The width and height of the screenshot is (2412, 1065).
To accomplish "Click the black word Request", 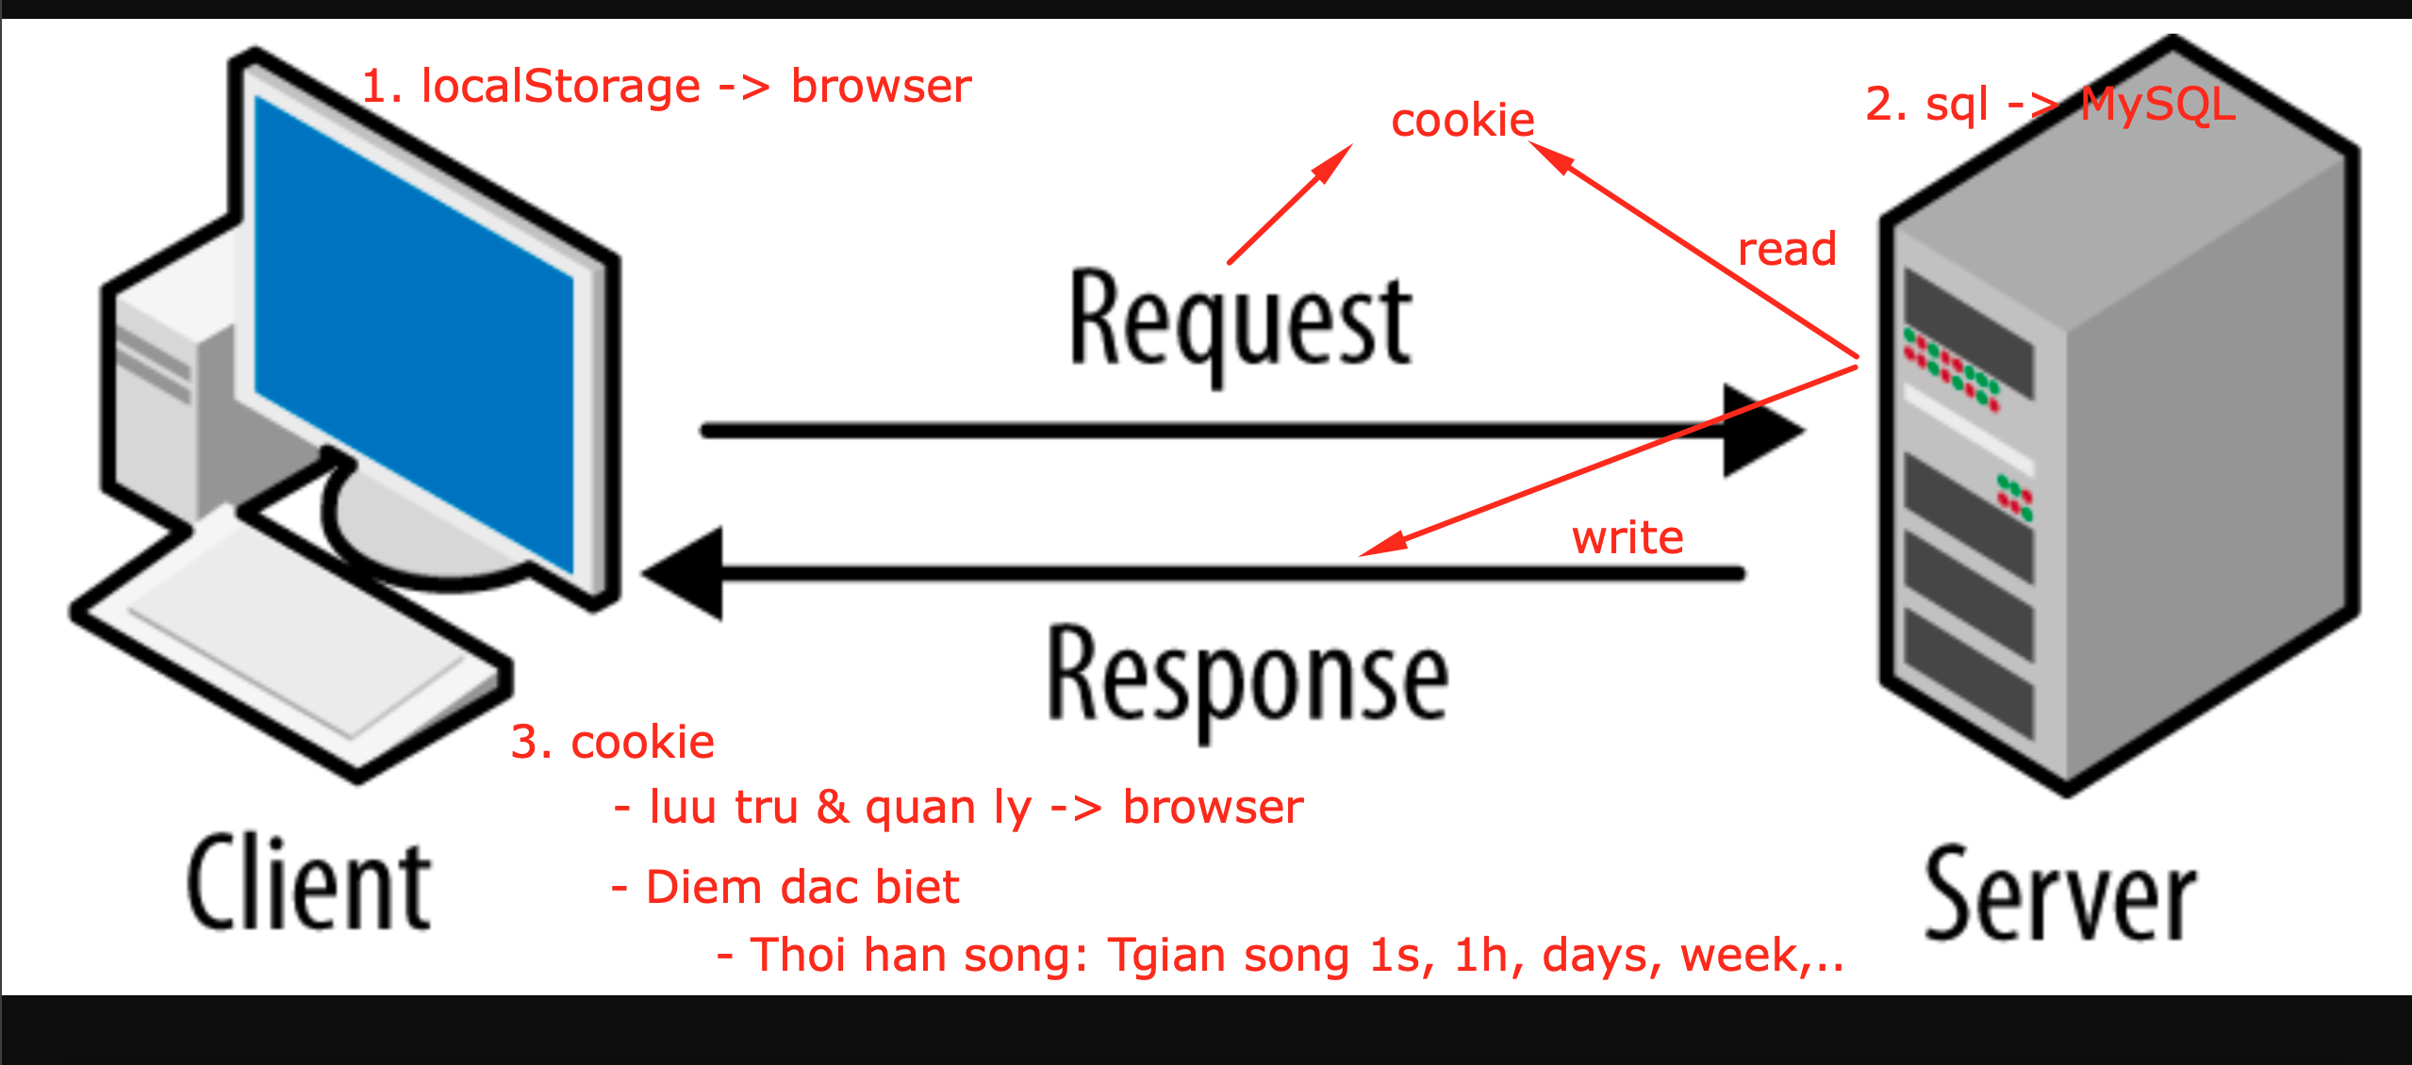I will (x=1240, y=320).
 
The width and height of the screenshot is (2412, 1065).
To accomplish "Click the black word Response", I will (x=1247, y=677).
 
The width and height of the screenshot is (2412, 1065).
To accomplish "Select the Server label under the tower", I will (x=2059, y=893).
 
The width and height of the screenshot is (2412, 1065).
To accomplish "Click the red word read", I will (x=1787, y=250).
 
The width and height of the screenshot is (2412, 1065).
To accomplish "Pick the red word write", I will (x=1627, y=538).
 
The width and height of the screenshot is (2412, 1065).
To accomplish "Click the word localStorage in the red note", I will (x=560, y=87).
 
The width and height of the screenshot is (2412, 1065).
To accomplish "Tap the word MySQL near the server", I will (x=2157, y=105).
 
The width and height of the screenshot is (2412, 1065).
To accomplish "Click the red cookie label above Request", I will (x=1462, y=121).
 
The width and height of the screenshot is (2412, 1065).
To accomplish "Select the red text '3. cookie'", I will (x=612, y=742).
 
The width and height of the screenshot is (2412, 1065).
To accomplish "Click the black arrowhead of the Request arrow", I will (x=1761, y=431).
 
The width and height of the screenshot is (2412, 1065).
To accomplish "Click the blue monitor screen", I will (x=415, y=330).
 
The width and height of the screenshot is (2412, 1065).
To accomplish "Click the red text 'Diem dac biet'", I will (x=801, y=887).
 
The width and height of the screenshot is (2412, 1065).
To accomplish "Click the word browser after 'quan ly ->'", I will (x=1213, y=808).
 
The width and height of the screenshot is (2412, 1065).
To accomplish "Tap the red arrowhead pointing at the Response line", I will (x=1381, y=546).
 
